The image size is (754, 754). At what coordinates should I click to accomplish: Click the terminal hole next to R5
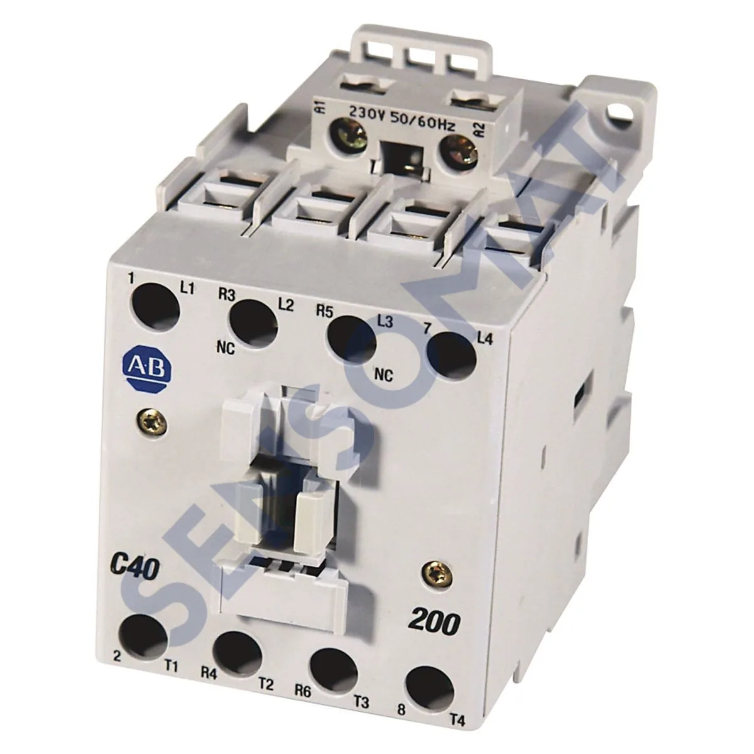[350, 338]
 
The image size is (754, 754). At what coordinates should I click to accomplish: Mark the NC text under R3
[227, 350]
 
